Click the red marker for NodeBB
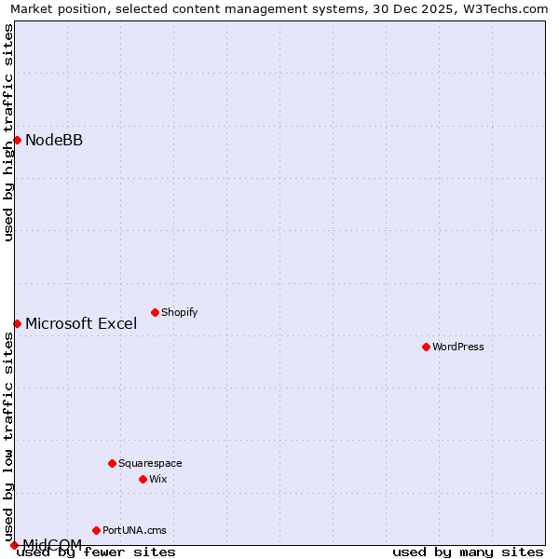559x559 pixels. click(17, 141)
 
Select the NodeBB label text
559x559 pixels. click(54, 141)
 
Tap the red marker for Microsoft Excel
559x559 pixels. click(17, 323)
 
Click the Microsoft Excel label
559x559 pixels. click(81, 324)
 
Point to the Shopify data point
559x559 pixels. click(155, 312)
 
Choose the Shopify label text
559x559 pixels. click(179, 312)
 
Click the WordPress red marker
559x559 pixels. click(426, 347)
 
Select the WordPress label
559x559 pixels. click(458, 347)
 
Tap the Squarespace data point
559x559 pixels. click(112, 463)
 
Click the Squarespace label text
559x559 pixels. click(150, 463)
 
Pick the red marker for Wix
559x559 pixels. click(143, 479)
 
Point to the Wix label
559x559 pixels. click(158, 479)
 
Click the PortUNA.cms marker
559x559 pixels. click(96, 530)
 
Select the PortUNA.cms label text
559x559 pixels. click(134, 530)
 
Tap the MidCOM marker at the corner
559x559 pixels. click(14, 545)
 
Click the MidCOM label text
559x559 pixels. click(52, 544)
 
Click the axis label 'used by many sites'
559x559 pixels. click(468, 552)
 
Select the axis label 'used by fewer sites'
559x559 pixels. click(97, 552)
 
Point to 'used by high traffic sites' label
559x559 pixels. click(8, 132)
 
